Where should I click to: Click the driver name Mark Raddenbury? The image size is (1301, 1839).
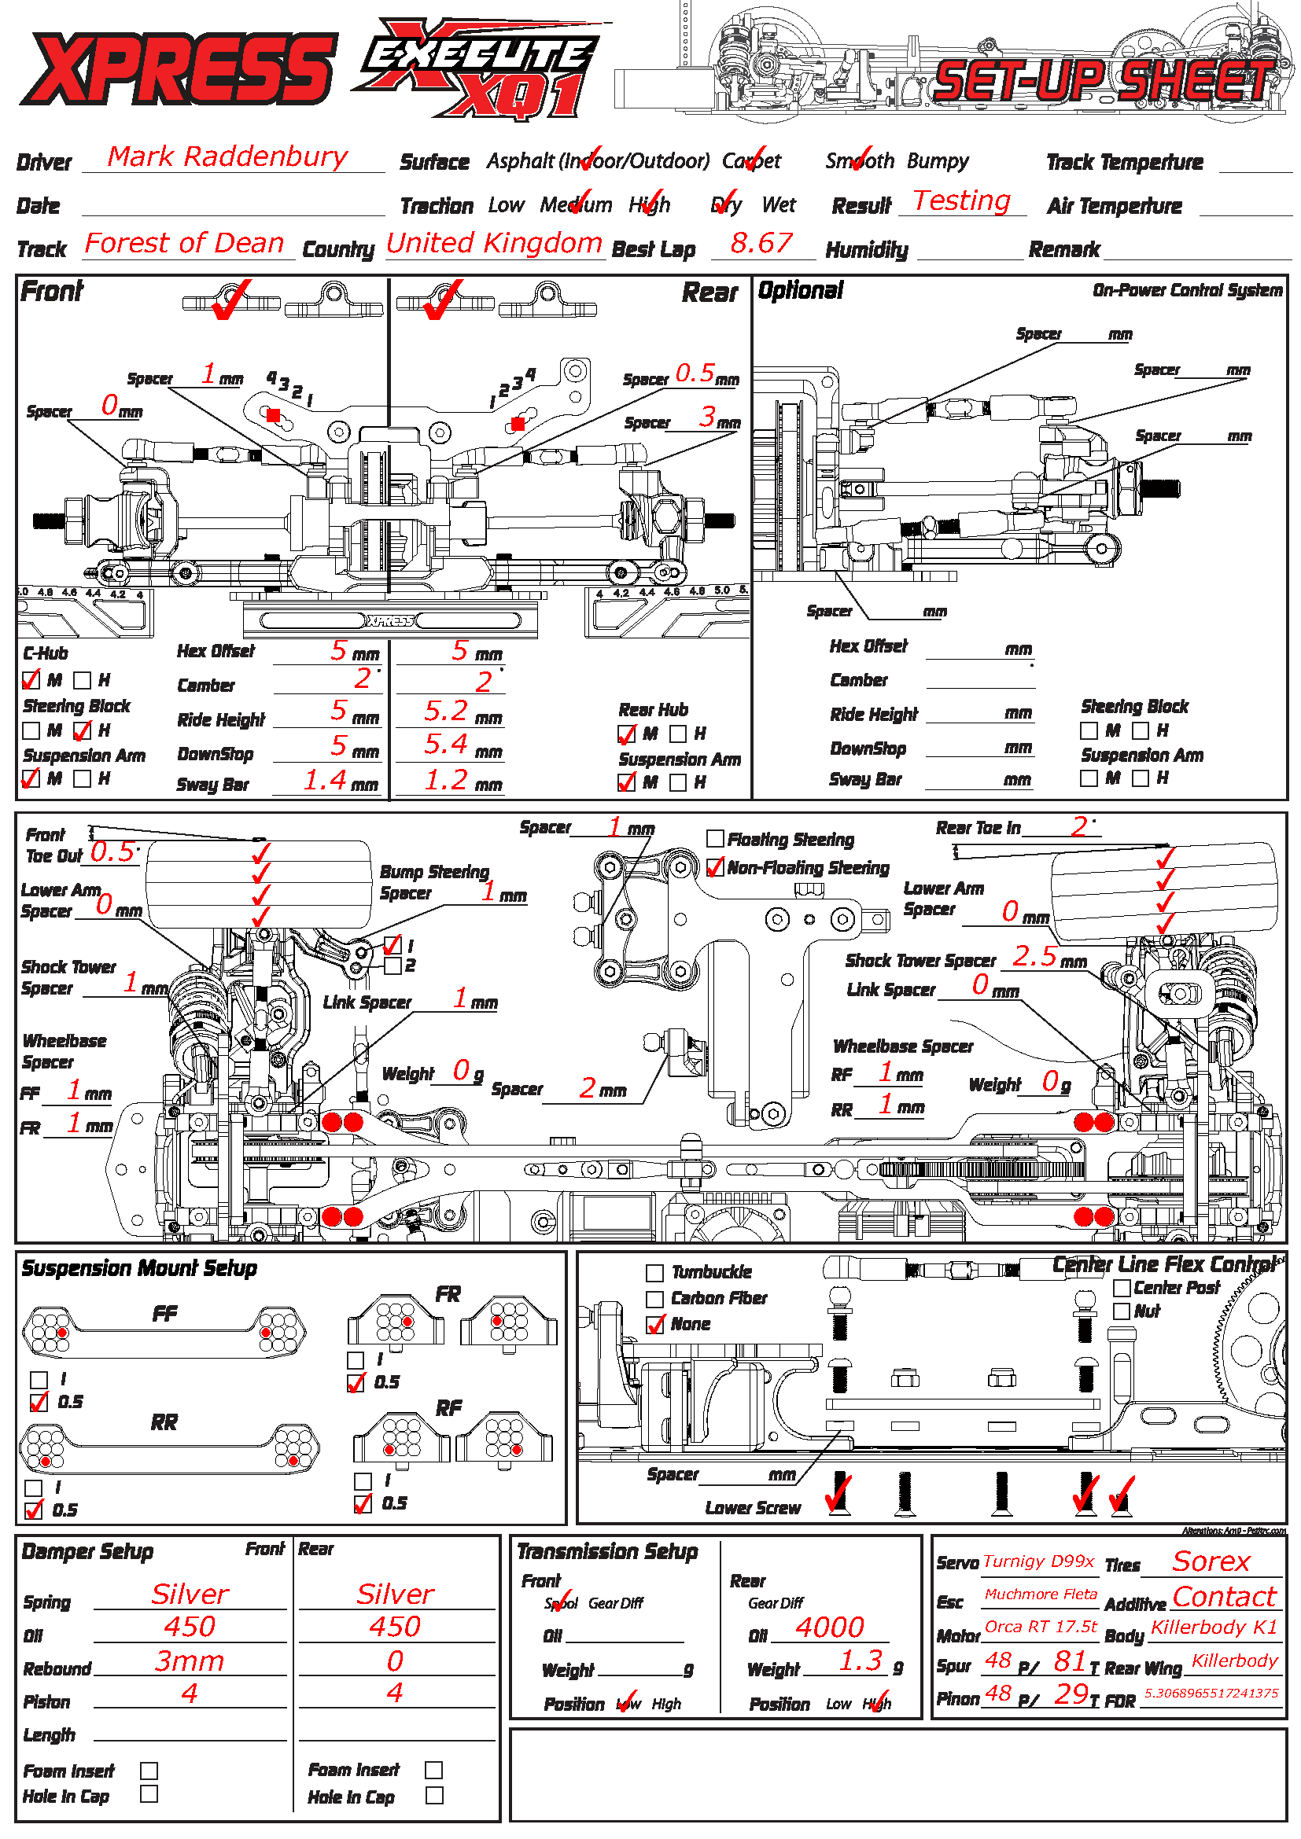(227, 156)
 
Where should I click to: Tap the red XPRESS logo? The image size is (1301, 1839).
(178, 69)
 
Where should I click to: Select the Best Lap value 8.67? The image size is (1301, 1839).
(761, 243)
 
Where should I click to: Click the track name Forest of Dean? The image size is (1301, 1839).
(184, 243)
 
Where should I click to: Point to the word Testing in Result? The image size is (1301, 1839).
(961, 200)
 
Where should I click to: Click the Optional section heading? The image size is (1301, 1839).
(800, 291)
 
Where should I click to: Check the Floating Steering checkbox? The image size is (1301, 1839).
(715, 839)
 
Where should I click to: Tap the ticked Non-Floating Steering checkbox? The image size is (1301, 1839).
(715, 867)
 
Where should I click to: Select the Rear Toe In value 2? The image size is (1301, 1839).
(1078, 826)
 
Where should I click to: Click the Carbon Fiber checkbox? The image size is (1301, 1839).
(654, 1298)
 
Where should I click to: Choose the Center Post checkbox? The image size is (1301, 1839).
(1122, 1288)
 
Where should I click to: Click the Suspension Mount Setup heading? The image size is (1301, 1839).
(139, 1268)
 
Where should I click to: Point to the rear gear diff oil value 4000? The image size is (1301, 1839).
(829, 1628)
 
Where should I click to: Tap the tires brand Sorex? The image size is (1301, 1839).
(1211, 1561)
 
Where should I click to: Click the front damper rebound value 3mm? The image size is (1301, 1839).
(189, 1661)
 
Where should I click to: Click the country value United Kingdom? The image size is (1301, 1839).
(493, 243)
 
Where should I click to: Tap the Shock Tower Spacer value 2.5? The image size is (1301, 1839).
(1034, 955)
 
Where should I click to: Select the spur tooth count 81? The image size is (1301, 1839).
(1070, 1661)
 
